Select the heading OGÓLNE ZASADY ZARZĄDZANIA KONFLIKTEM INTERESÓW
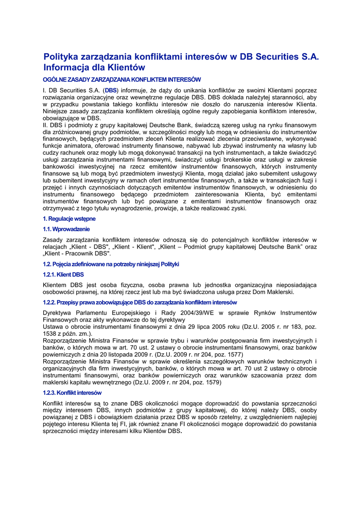(x=122, y=79)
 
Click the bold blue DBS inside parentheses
(x=111, y=91)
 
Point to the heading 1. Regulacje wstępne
(x=69, y=219)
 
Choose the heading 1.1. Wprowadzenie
(x=67, y=229)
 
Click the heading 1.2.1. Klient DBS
(x=64, y=274)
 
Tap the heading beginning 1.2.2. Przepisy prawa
(x=140, y=302)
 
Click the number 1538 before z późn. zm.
(x=51, y=334)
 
